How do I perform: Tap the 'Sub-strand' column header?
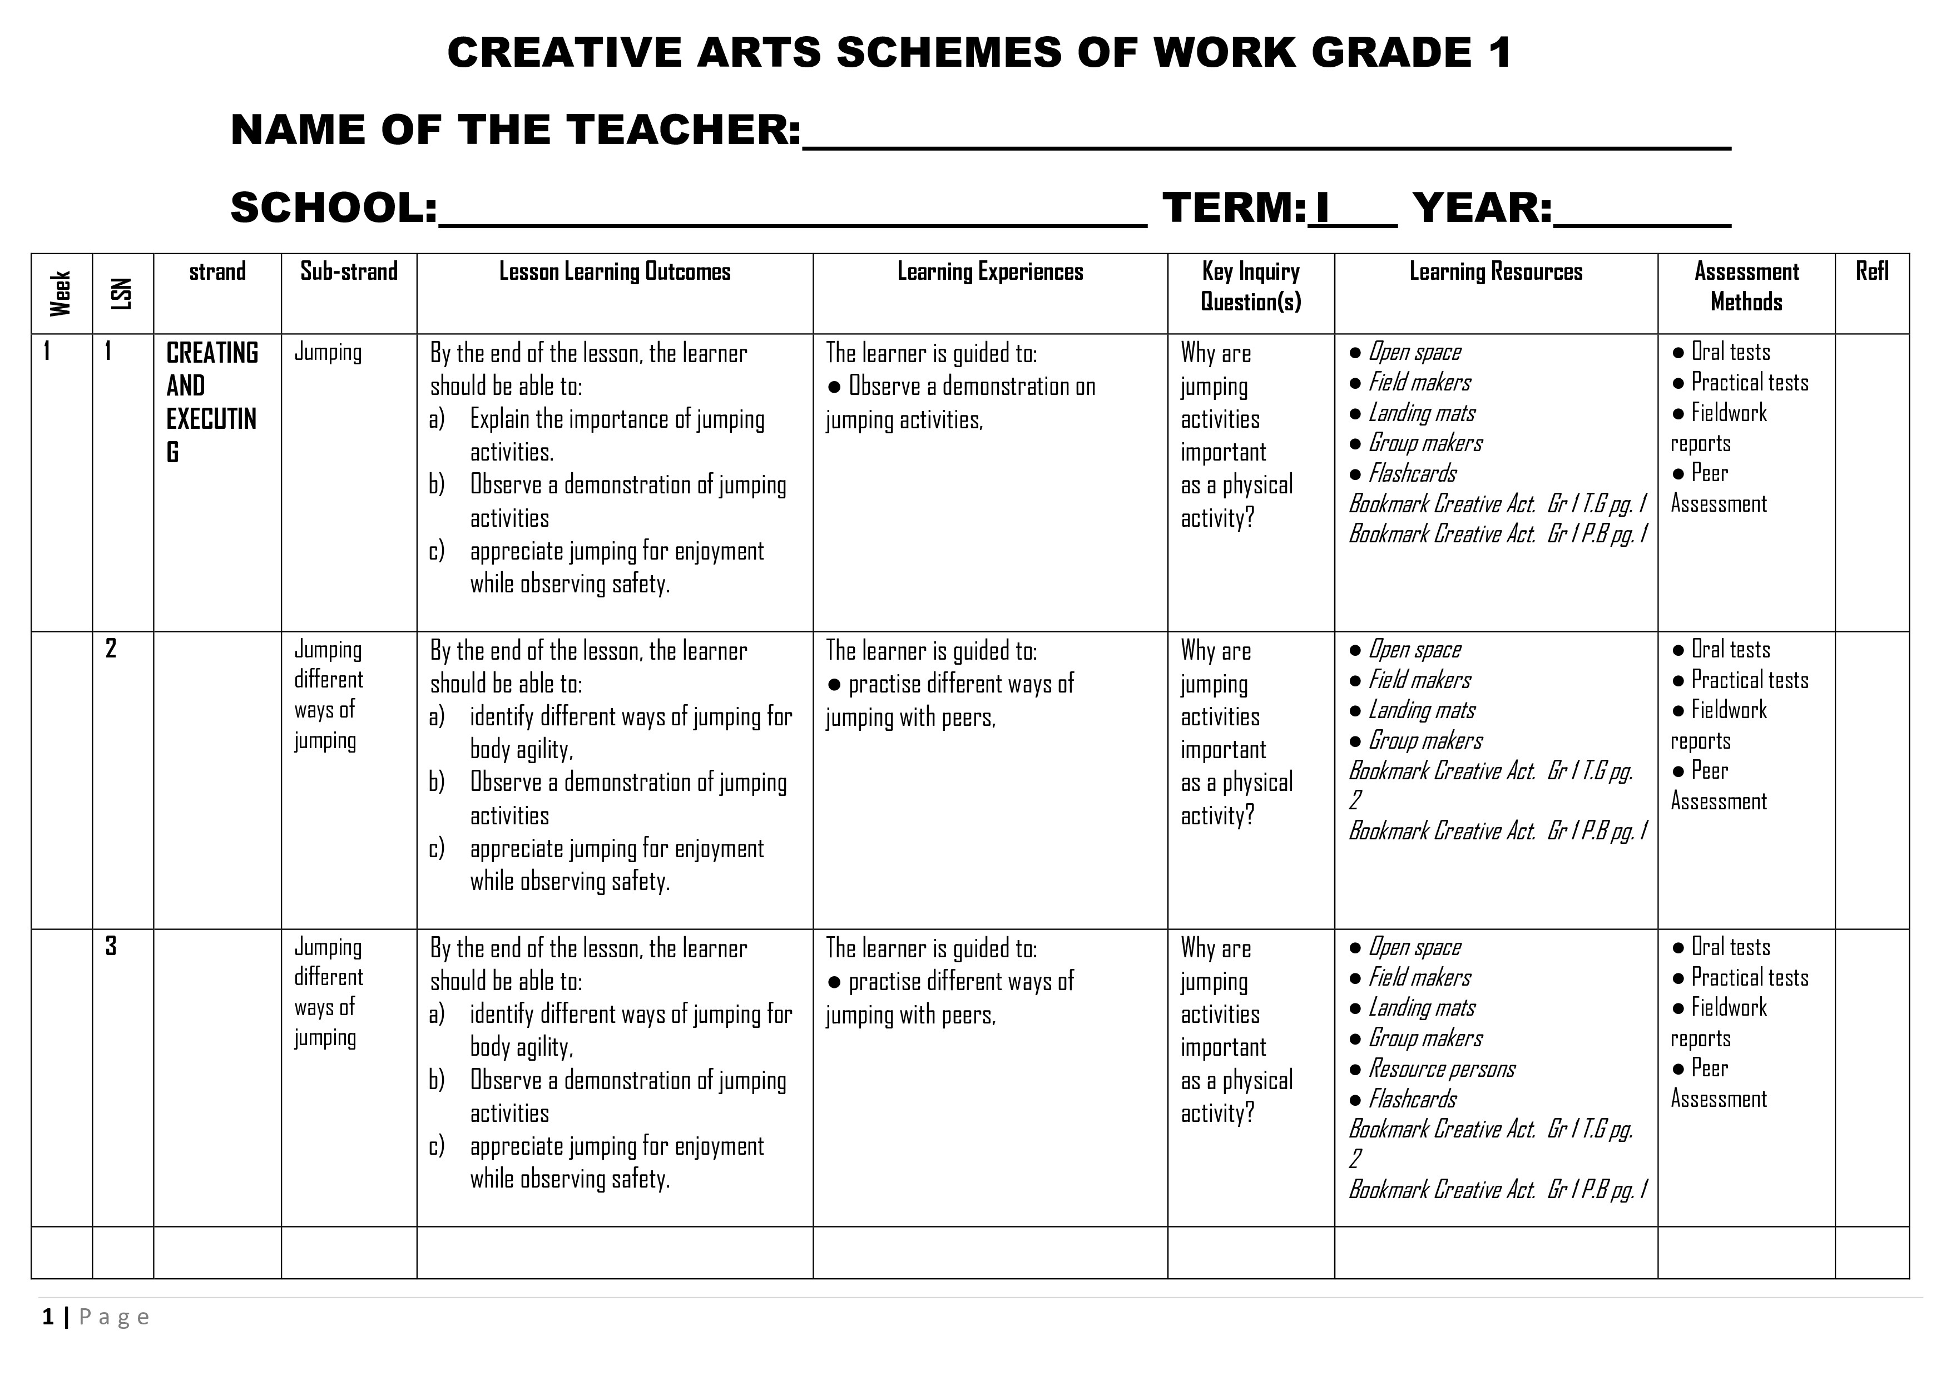tap(348, 272)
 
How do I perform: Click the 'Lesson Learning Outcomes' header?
tap(615, 272)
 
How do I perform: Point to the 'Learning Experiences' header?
tap(990, 272)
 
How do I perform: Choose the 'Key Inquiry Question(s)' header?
tap(1250, 286)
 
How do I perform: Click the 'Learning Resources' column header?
tap(1496, 272)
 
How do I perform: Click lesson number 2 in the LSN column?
tap(111, 649)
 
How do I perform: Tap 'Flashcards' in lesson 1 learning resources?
tap(1412, 473)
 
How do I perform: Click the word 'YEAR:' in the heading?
tap(1482, 208)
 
